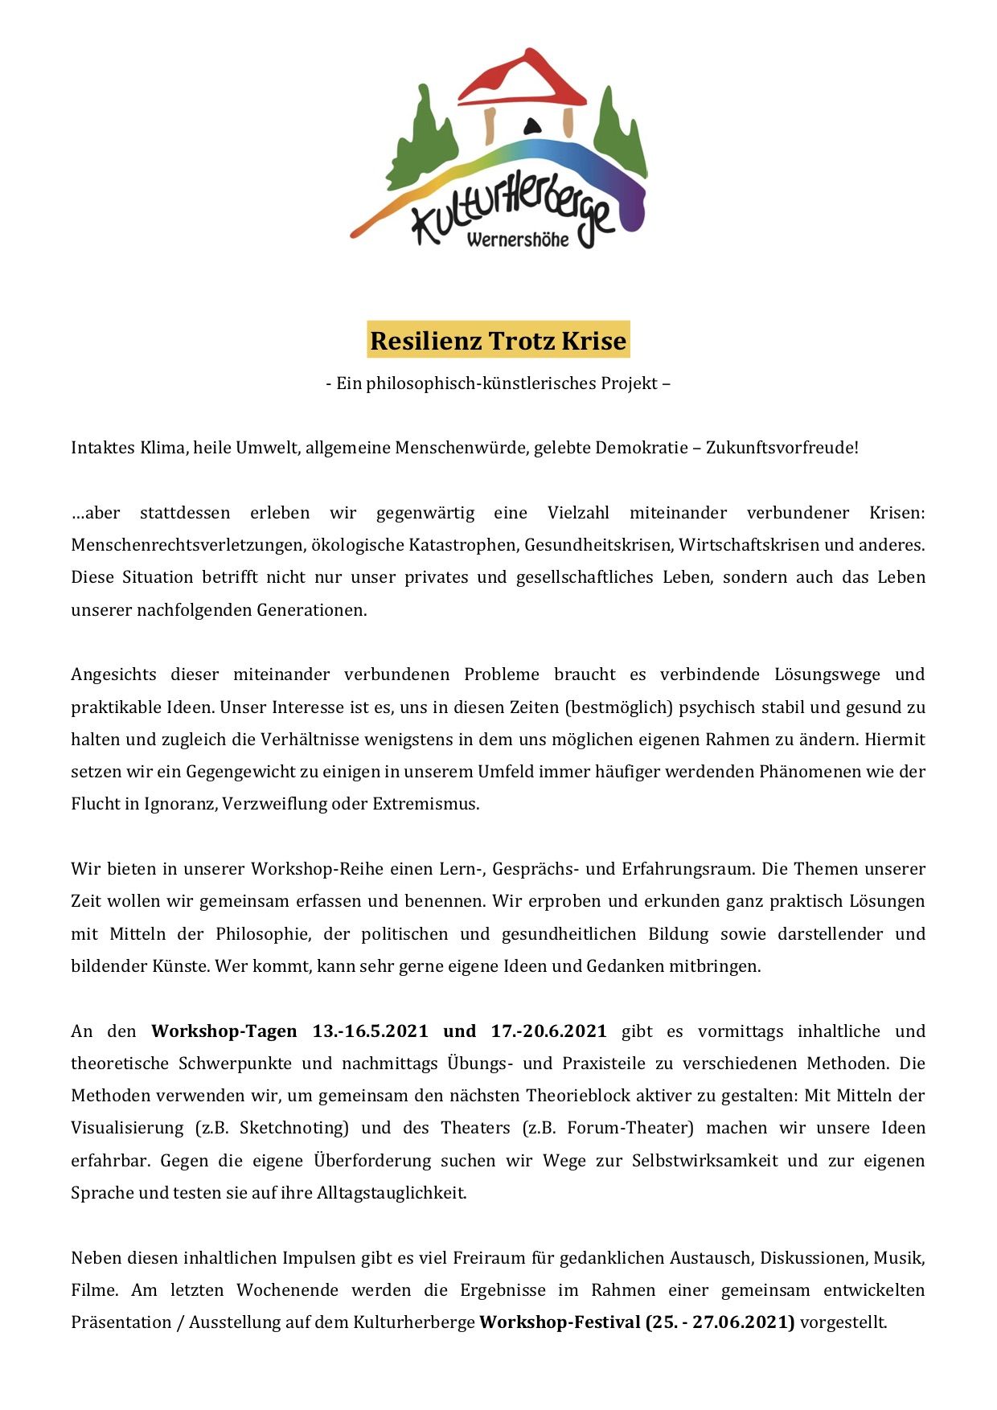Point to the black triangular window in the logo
pyautogui.click(x=530, y=126)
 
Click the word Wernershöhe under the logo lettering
pyautogui.click(x=517, y=240)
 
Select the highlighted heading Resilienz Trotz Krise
pyautogui.click(x=498, y=341)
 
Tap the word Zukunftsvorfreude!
pyautogui.click(x=782, y=448)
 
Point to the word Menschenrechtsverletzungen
pyautogui.click(x=187, y=545)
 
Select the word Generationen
pyautogui.click(x=312, y=610)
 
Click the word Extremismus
pyautogui.click(x=425, y=804)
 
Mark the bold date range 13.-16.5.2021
pyautogui.click(x=370, y=1031)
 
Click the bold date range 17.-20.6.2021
pyautogui.click(x=548, y=1031)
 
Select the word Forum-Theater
pyautogui.click(x=630, y=1128)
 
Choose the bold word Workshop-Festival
pyautogui.click(x=560, y=1322)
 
